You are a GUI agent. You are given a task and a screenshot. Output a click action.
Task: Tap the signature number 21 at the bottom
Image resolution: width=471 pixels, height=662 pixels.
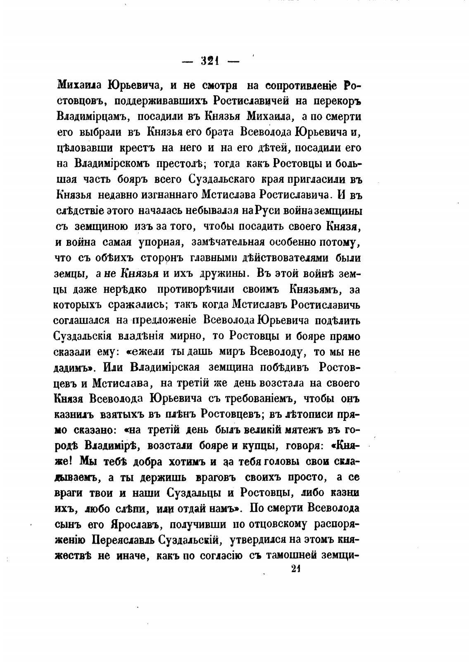[x=295, y=569]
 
